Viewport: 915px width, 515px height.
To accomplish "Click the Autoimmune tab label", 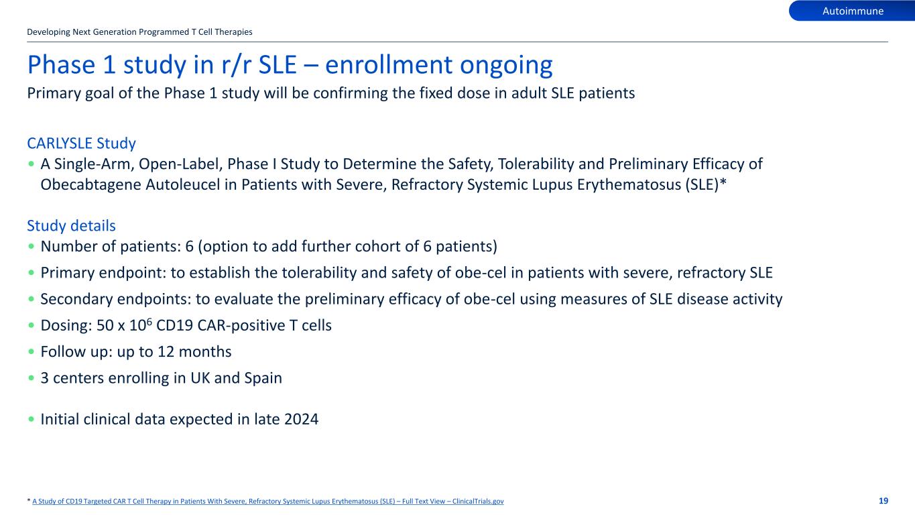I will click(x=853, y=11).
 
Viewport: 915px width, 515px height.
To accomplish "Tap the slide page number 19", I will click(x=883, y=501).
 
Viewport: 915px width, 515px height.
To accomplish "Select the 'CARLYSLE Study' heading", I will click(x=81, y=143).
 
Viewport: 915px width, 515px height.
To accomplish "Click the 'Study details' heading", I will click(x=71, y=226).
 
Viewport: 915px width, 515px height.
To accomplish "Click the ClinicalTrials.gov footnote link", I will click(x=268, y=501).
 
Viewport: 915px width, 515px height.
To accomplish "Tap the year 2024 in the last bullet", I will click(x=300, y=420).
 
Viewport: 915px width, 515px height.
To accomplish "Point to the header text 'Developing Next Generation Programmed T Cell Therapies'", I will click(x=139, y=32).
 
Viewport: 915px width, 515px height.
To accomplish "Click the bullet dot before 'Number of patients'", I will click(x=32, y=247).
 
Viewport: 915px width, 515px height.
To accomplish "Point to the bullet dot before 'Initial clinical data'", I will click(x=32, y=420).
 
